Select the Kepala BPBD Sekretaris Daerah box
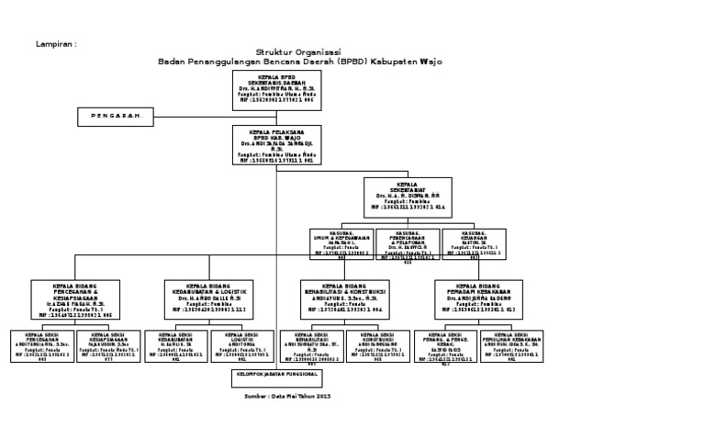pyautogui.click(x=275, y=89)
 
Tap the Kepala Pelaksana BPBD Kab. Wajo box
pyautogui.click(x=275, y=145)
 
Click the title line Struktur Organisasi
pyautogui.click(x=300, y=53)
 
